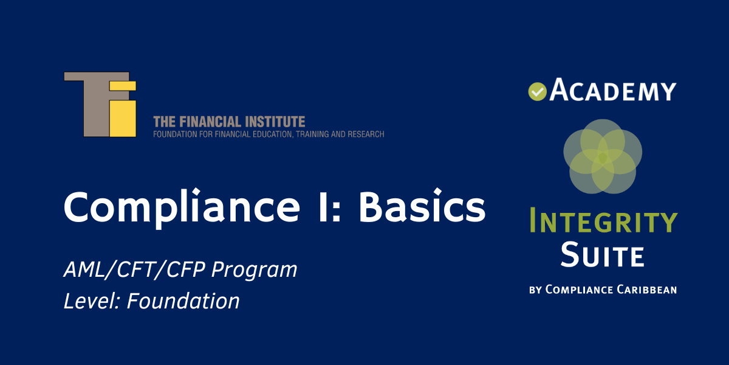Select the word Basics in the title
coord(422,207)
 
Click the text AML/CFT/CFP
coord(134,269)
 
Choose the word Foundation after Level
coord(183,301)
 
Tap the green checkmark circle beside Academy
coord(537,91)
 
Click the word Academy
coord(612,91)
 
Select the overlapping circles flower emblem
coord(602,156)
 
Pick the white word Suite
coord(602,255)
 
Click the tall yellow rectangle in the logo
coord(122,118)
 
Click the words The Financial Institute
coord(229,122)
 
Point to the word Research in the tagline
coord(364,134)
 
